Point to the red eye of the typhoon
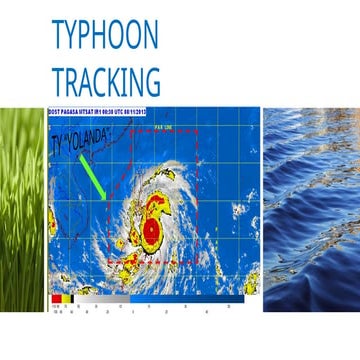tap(151, 230)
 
